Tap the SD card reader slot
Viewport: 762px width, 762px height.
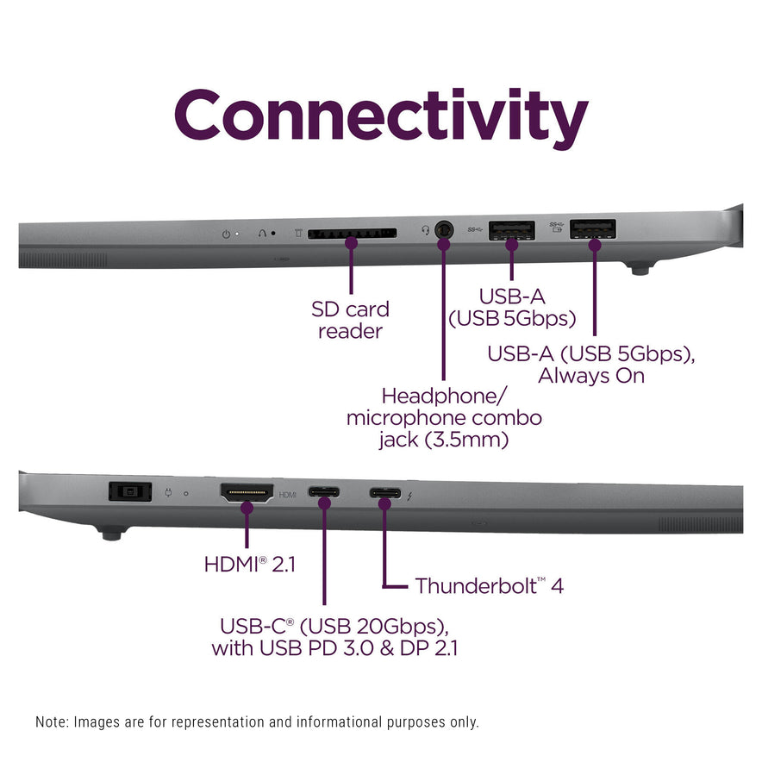pos(351,233)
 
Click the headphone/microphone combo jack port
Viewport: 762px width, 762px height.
pos(444,230)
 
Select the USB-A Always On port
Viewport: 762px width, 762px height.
pos(594,229)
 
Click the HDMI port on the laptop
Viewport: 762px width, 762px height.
pos(247,494)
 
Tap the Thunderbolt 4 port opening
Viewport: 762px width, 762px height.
pos(384,494)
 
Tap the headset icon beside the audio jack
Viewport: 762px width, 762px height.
pos(425,230)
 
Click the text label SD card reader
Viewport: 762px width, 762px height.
pos(350,320)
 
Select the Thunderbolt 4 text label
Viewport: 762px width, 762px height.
pos(489,586)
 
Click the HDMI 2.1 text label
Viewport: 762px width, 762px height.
pos(250,565)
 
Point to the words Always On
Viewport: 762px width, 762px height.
pos(590,376)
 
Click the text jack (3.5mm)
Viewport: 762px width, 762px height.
pos(444,440)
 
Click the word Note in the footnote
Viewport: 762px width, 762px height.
pos(51,722)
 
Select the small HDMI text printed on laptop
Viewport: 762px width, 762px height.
pos(288,495)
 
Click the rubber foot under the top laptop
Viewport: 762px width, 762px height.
pos(639,270)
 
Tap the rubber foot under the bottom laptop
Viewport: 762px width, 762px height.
pos(109,534)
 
